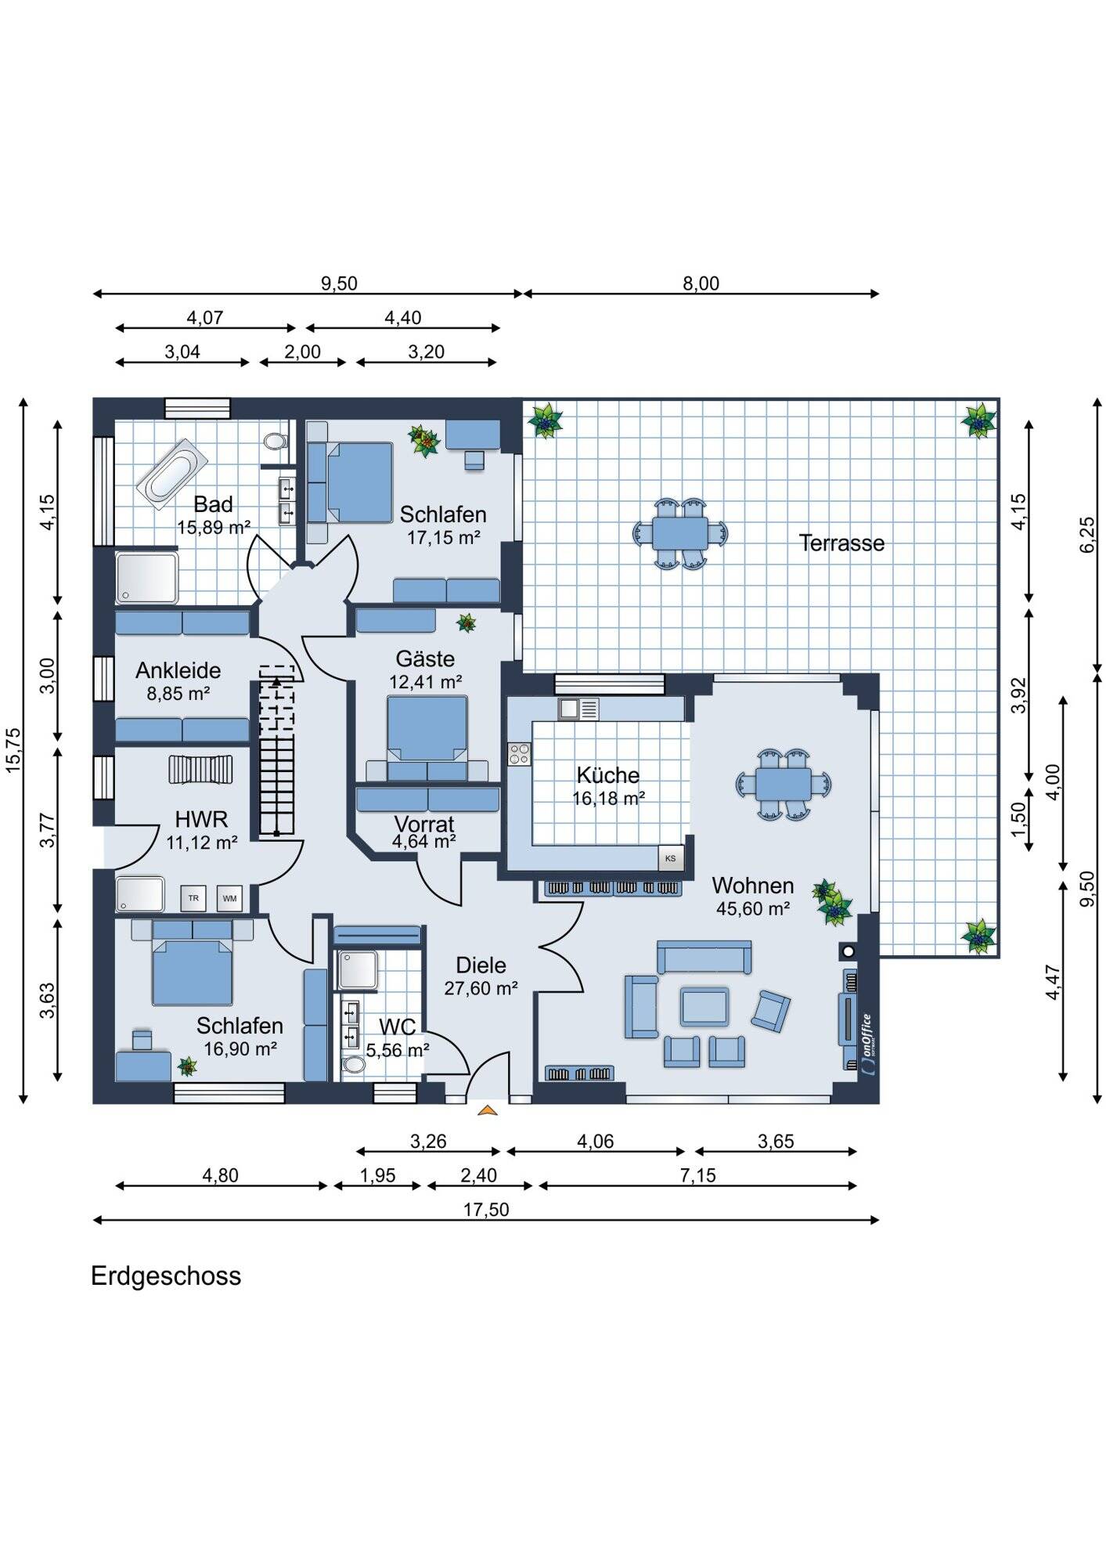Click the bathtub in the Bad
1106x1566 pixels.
(x=172, y=474)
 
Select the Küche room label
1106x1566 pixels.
(x=608, y=775)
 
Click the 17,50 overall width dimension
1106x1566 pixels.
(x=486, y=1210)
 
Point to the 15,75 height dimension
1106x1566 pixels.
(x=14, y=751)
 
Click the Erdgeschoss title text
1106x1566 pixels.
(x=166, y=1276)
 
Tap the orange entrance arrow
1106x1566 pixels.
(x=487, y=1110)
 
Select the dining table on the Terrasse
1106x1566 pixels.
(x=680, y=533)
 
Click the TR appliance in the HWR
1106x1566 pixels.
(x=193, y=898)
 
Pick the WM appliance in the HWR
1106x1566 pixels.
(x=229, y=898)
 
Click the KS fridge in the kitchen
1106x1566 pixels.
(x=670, y=858)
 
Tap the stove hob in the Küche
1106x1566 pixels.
(x=519, y=754)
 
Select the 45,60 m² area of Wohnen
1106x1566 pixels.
(x=753, y=909)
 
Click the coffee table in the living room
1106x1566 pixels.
(x=704, y=1007)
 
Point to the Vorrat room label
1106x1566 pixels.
(x=424, y=824)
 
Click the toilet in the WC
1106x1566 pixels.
(x=354, y=1064)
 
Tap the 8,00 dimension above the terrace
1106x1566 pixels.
(x=701, y=283)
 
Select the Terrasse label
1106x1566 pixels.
(x=841, y=543)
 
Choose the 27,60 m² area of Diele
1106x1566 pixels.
(x=481, y=989)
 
